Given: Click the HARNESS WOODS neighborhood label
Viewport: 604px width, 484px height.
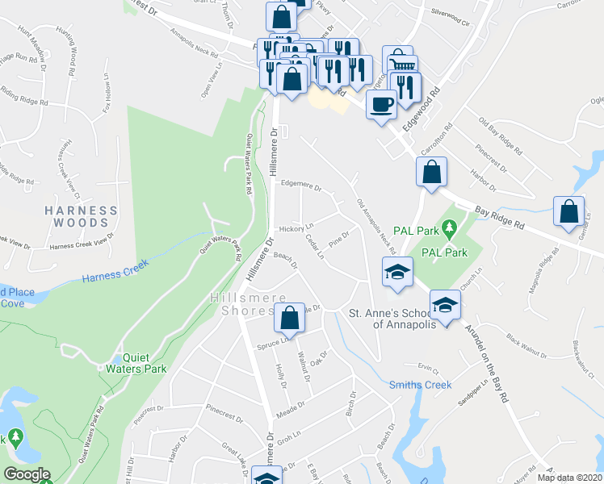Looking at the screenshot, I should (82, 216).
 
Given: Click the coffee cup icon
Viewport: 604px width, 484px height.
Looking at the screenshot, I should (381, 103).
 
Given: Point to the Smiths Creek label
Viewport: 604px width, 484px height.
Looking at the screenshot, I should (420, 385).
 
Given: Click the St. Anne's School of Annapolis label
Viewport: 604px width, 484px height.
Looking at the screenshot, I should (392, 318).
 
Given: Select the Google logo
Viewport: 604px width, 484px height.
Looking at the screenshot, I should (27, 474).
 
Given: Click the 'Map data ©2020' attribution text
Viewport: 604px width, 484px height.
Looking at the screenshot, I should (568, 478).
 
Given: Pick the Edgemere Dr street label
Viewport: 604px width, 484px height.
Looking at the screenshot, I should (300, 185).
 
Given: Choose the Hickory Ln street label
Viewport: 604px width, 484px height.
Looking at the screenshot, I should (296, 229).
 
